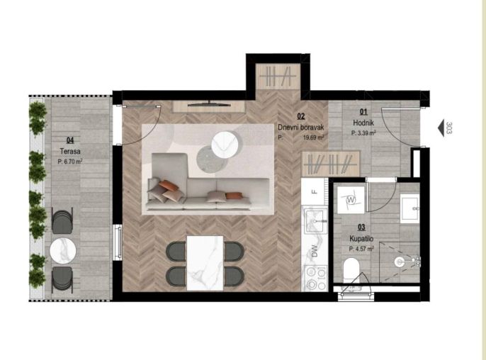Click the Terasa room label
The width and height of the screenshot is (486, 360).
pos(70,152)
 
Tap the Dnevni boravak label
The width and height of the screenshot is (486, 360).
pos(300,127)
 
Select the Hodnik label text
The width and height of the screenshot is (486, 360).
pos(363,123)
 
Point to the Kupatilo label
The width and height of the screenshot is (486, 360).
pos(361,239)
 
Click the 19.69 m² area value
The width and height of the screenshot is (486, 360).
pos(313,137)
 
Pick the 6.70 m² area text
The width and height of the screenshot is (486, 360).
pos(72,162)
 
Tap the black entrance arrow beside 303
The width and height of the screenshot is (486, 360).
pos(441,128)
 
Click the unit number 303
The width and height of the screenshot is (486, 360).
pos(449,128)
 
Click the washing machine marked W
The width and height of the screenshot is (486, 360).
pos(351,200)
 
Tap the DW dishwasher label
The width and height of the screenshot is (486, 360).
pos(315,251)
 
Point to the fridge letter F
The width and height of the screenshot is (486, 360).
pos(315,191)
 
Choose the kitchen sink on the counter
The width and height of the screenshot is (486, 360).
pos(315,221)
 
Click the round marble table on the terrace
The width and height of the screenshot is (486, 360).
pos(63,251)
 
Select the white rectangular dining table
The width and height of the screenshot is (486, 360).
pos(205,263)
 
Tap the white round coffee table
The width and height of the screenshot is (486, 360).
pos(225,145)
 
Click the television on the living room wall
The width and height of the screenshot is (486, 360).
pos(210,104)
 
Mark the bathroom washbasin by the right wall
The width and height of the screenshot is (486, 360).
pos(409,208)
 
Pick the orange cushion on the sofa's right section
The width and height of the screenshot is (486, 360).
pos(234,196)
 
